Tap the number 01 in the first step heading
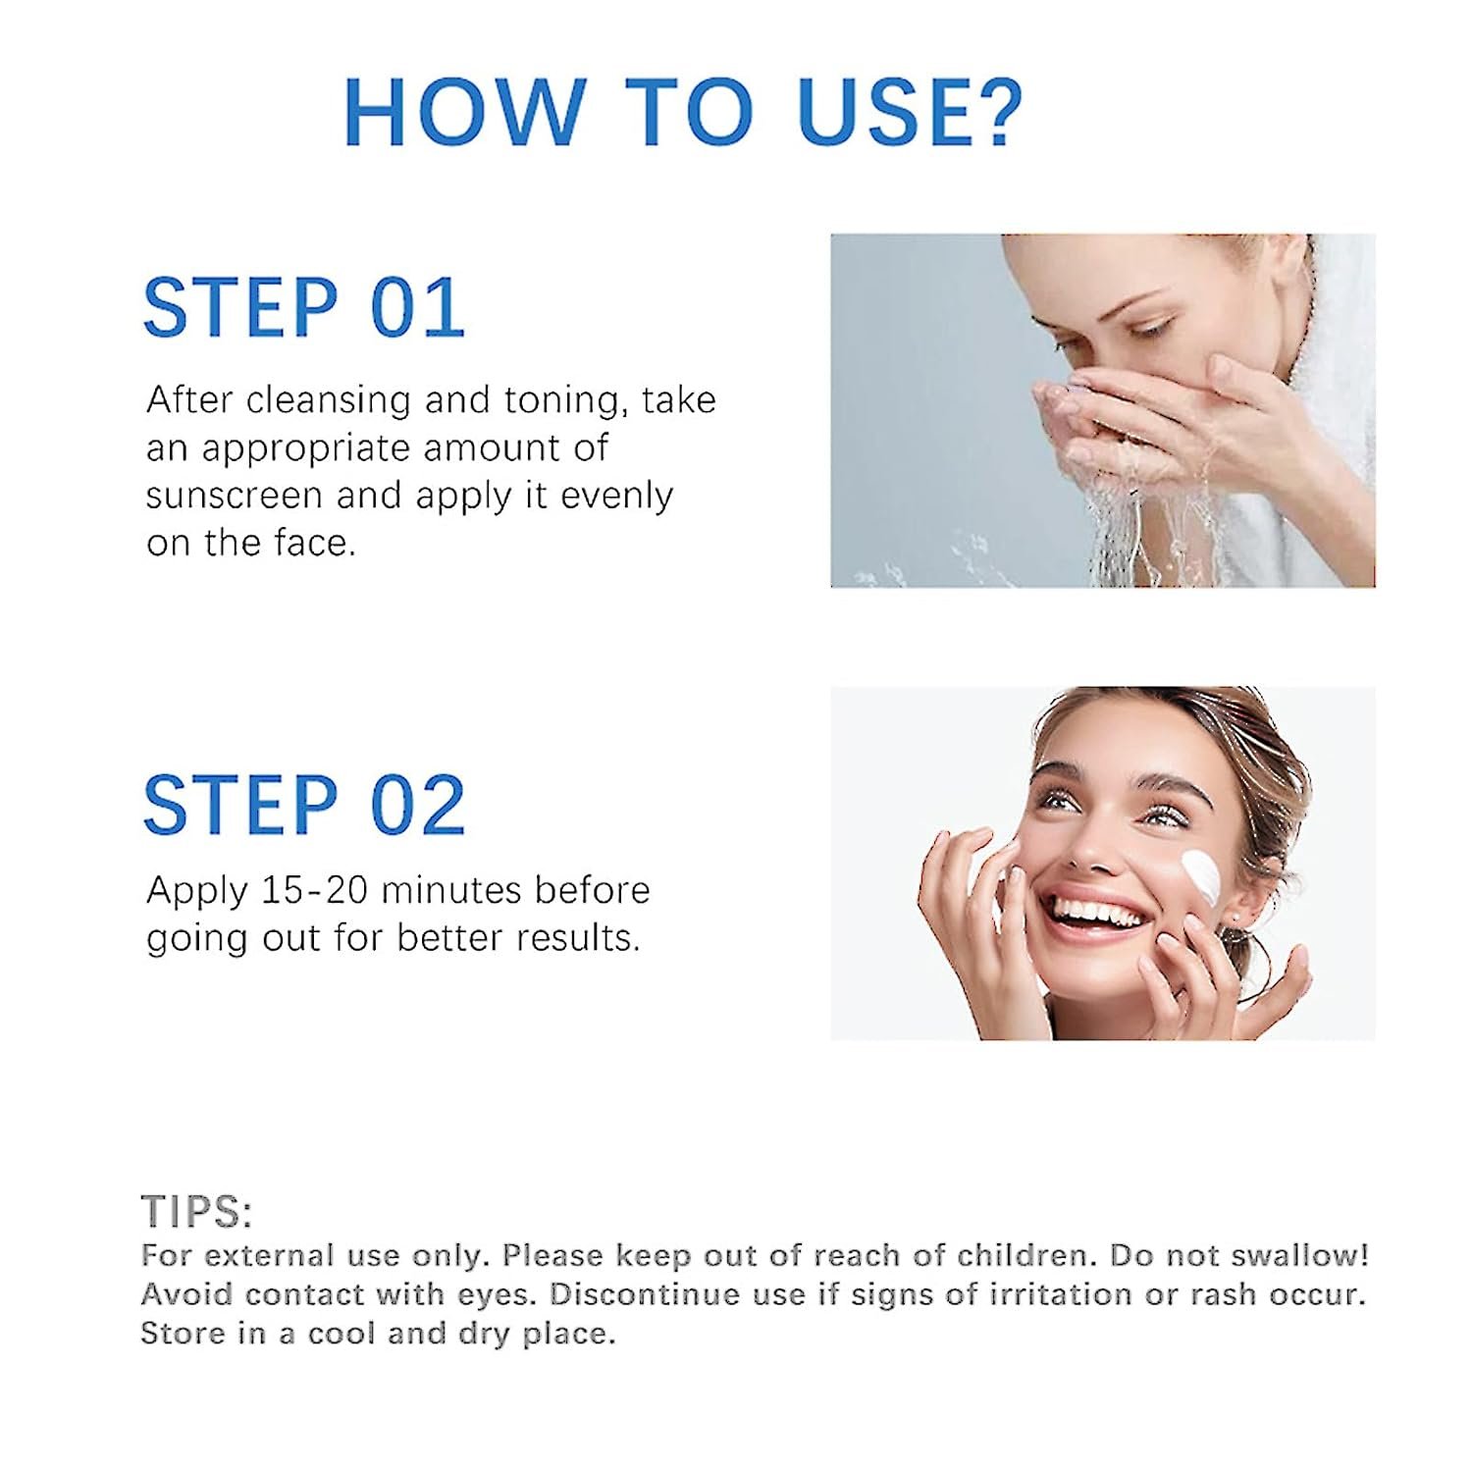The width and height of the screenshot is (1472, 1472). point(417,307)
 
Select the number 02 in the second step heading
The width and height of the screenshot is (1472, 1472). point(417,805)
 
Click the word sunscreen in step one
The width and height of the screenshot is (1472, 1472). point(234,496)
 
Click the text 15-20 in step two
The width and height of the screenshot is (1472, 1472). point(314,890)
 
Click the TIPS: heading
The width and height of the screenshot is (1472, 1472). point(197,1212)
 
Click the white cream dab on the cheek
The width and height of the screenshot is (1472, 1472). point(1201,875)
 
